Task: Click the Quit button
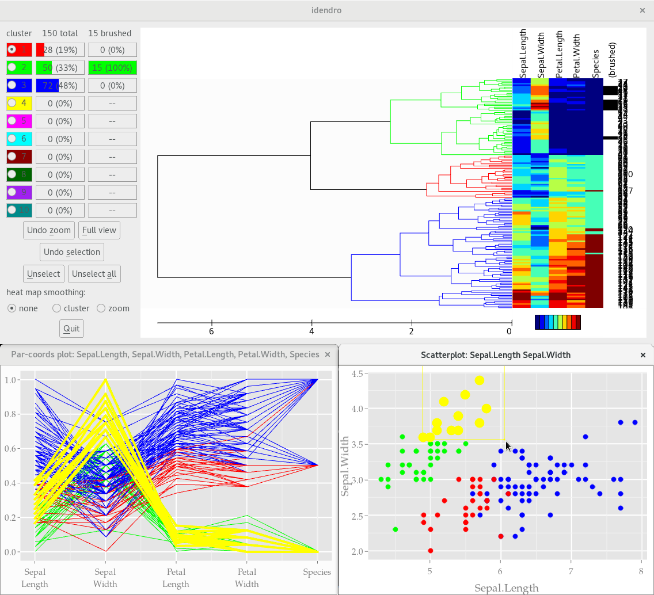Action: (71, 329)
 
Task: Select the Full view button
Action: (99, 230)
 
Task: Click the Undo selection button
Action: (72, 252)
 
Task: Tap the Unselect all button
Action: (94, 274)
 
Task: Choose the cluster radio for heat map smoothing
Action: (56, 308)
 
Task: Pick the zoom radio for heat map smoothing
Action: (101, 308)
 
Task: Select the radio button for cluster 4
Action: (12, 104)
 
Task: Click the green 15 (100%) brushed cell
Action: (112, 68)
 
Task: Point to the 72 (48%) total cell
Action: (60, 86)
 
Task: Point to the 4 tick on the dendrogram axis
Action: (311, 331)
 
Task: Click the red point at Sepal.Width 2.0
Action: (430, 551)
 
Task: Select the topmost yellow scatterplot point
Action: (480, 380)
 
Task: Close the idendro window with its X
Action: (642, 10)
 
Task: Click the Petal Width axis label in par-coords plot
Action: (246, 578)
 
